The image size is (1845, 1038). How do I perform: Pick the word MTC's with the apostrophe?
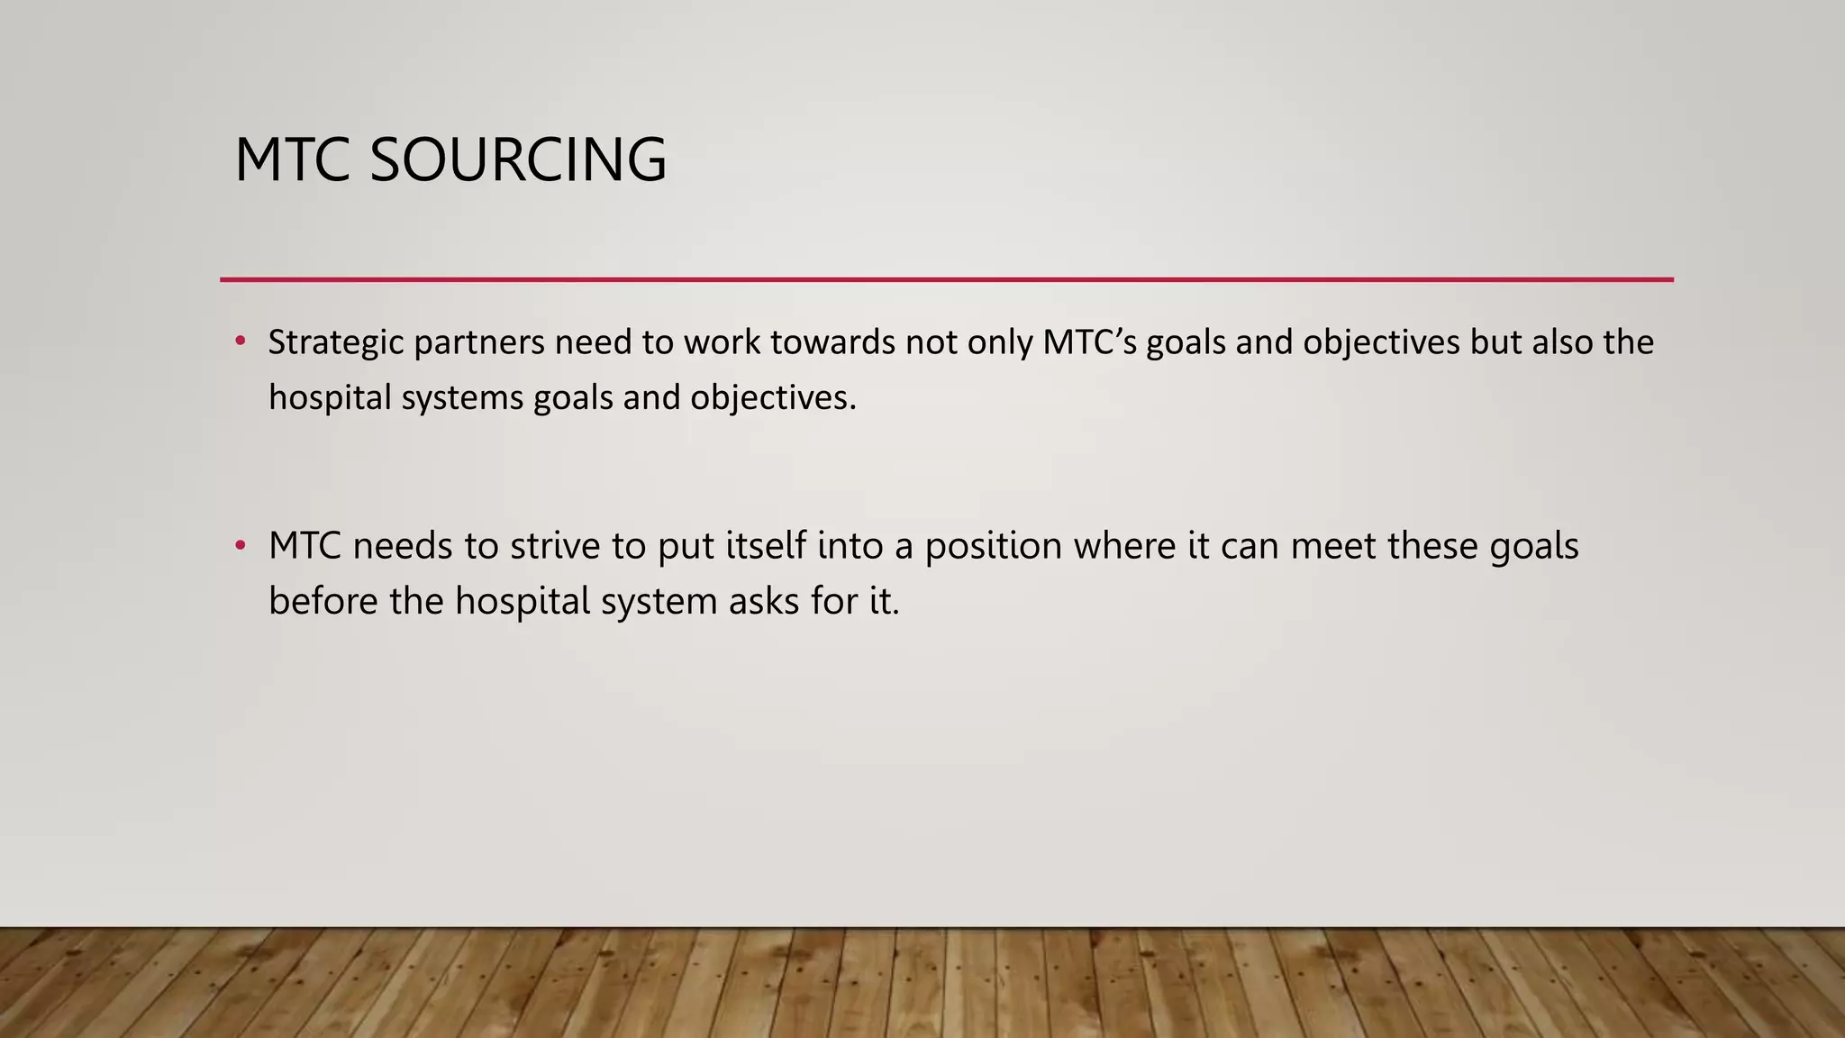tap(1088, 343)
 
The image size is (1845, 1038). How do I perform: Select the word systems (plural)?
tap(462, 398)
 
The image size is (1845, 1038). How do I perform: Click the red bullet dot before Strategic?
tap(240, 341)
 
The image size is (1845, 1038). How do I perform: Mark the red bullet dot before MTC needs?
tap(240, 545)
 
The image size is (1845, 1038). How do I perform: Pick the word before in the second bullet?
tap(323, 601)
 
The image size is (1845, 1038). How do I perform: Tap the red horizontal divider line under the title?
tap(946, 279)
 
